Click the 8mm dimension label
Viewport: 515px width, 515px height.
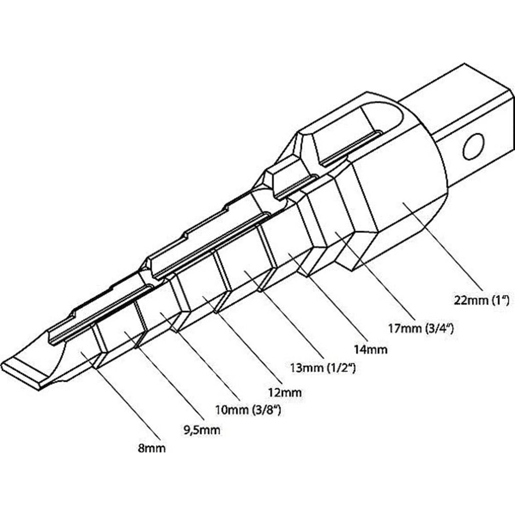pos(152,448)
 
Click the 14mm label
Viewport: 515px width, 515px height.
pos(371,349)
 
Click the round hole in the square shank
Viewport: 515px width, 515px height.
pos(473,146)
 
